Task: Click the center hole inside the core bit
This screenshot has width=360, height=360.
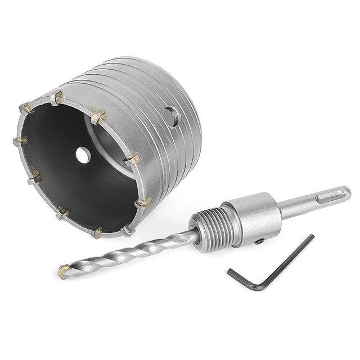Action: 83,155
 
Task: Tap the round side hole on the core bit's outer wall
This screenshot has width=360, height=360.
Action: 172,116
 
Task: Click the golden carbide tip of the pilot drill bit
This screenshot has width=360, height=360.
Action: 64,273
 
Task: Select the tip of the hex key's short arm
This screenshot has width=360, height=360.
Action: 230,272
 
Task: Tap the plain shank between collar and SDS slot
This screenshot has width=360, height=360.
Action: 295,206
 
